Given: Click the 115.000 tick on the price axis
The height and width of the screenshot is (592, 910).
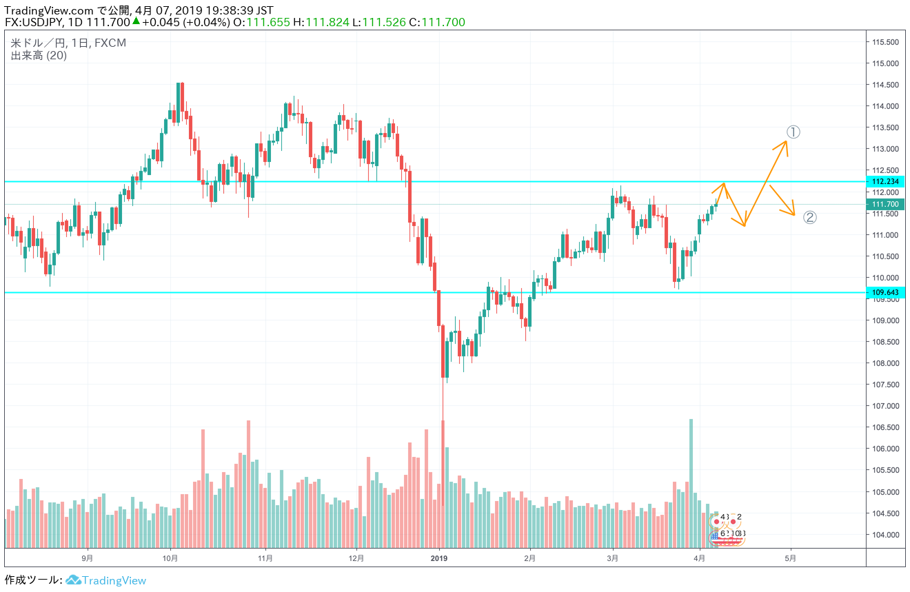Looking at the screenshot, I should pos(885,63).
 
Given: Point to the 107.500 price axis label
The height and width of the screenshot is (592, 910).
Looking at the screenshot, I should pos(885,385).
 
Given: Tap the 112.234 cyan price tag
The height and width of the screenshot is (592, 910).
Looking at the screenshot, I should pos(885,182).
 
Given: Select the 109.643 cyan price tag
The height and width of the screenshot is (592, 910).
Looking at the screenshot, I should pos(885,293).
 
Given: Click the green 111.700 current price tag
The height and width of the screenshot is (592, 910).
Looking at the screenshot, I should pos(885,205).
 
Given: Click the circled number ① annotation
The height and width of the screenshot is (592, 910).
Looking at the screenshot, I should pos(793,132).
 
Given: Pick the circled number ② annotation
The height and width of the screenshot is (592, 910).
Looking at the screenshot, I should pos(810,218).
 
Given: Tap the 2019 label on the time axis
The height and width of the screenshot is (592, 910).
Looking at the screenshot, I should pos(439,558).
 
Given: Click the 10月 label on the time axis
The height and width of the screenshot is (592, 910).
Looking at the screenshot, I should pos(171,558).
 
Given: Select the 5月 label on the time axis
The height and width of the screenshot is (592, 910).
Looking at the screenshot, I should pos(791,558).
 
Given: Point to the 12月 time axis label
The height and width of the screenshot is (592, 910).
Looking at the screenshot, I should pos(356,558).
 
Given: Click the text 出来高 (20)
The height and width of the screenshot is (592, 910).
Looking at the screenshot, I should pos(39,56).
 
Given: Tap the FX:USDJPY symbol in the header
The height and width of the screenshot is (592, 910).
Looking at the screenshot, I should pos(34,22).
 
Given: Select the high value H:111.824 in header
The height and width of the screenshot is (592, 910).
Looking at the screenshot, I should pos(322,22).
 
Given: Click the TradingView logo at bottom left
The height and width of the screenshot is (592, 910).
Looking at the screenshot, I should pos(107,580).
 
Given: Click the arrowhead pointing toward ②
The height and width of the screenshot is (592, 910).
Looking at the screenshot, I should pos(793,212).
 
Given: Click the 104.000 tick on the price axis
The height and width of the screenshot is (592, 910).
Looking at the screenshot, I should pos(885,535).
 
